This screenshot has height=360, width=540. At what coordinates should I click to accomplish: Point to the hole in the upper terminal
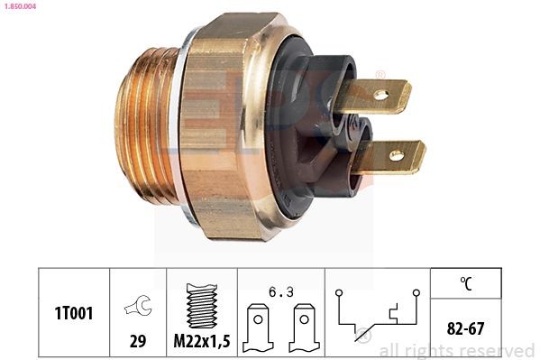380,94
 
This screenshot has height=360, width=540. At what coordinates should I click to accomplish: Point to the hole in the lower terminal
395,156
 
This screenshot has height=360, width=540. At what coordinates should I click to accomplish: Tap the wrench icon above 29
137,304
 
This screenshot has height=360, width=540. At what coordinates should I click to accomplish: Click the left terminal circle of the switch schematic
335,292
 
